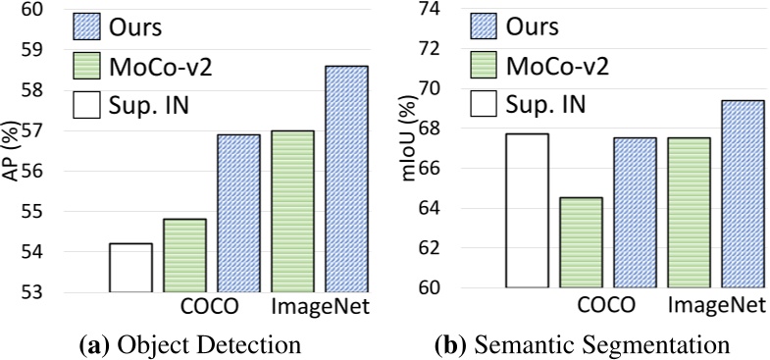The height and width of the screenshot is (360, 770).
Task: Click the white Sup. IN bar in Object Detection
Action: coord(130,268)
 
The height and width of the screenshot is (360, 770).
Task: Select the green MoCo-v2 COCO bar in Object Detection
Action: coord(184,255)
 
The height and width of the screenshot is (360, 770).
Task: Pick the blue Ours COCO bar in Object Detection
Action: coord(238,213)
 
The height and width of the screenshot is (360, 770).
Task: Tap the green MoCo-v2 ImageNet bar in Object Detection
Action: coord(292,211)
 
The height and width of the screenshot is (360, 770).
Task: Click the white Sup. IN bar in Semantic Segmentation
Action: coord(527,210)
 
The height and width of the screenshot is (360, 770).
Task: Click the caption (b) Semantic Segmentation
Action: coord(581,345)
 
